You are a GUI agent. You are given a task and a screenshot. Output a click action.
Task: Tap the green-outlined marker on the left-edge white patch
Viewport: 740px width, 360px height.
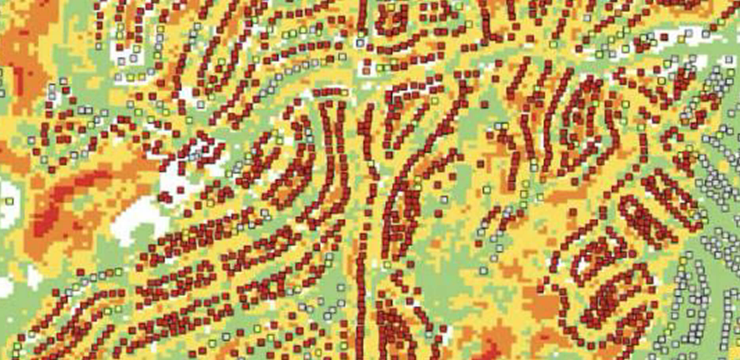point(9,201)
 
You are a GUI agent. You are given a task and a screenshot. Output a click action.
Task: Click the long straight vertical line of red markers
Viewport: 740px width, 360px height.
point(361,277)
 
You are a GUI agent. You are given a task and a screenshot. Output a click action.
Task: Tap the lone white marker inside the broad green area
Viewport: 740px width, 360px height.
point(483,271)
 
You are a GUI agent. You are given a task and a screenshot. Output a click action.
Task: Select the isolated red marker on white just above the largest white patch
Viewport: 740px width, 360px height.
point(181,190)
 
